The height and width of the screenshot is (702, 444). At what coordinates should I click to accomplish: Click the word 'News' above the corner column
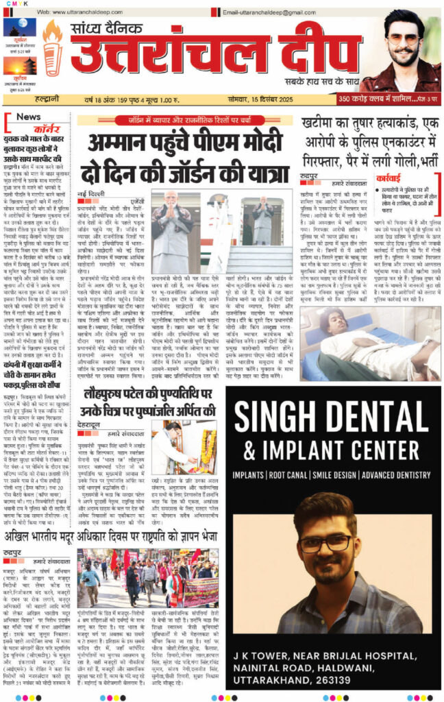pos(28,117)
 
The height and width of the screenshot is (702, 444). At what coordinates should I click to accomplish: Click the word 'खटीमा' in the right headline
pos(325,123)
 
